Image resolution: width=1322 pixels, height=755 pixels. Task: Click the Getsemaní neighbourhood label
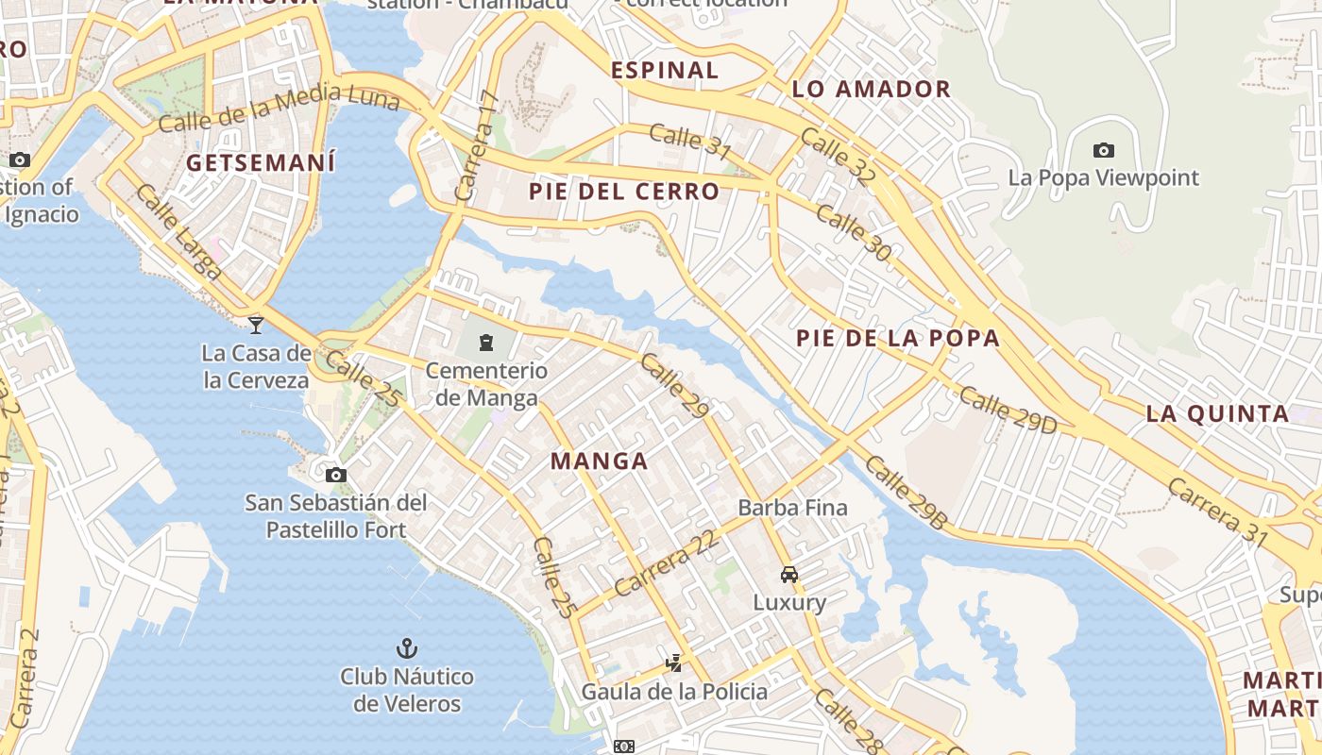pyautogui.click(x=261, y=162)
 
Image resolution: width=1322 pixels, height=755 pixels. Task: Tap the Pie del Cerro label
pyautogui.click(x=623, y=192)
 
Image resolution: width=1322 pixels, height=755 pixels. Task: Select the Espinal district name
pyautogui.click(x=665, y=70)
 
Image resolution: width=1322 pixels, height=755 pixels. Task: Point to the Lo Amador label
pyautogui.click(x=871, y=90)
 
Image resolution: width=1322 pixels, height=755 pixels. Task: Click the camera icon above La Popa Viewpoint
pyautogui.click(x=1103, y=150)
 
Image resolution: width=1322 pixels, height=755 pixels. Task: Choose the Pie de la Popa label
pyautogui.click(x=897, y=338)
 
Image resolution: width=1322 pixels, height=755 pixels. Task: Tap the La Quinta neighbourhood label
pyautogui.click(x=1217, y=413)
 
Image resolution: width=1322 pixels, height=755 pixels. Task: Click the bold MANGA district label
pyautogui.click(x=599, y=461)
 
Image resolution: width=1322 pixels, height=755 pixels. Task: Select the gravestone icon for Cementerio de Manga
pyautogui.click(x=486, y=342)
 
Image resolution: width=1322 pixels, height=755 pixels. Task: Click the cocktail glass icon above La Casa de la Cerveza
pyautogui.click(x=255, y=326)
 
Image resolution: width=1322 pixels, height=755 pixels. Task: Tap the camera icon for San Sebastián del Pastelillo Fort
pyautogui.click(x=335, y=475)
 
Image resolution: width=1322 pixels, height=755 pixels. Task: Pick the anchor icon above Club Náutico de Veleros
pyautogui.click(x=406, y=648)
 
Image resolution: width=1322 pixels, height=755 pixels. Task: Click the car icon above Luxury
pyautogui.click(x=788, y=574)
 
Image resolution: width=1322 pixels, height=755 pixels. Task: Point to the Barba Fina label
pyautogui.click(x=792, y=508)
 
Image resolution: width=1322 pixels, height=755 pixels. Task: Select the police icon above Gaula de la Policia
pyautogui.click(x=673, y=663)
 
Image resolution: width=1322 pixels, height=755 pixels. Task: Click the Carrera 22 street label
pyautogui.click(x=665, y=562)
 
